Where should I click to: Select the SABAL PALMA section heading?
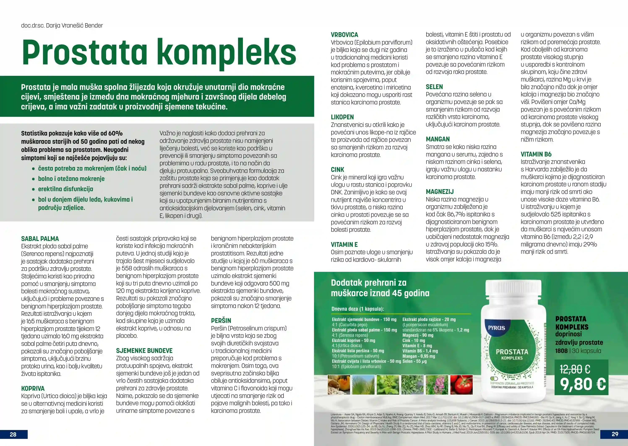coord(40,239)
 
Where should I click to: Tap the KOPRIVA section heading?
coord(33,388)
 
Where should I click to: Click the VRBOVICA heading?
coord(344,35)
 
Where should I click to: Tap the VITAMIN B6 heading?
coord(536,154)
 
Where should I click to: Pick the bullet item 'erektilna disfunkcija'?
coord(65,189)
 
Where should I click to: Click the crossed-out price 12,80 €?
coord(575,369)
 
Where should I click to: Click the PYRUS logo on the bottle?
coord(496,328)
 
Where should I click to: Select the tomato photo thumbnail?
coord(461,385)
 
